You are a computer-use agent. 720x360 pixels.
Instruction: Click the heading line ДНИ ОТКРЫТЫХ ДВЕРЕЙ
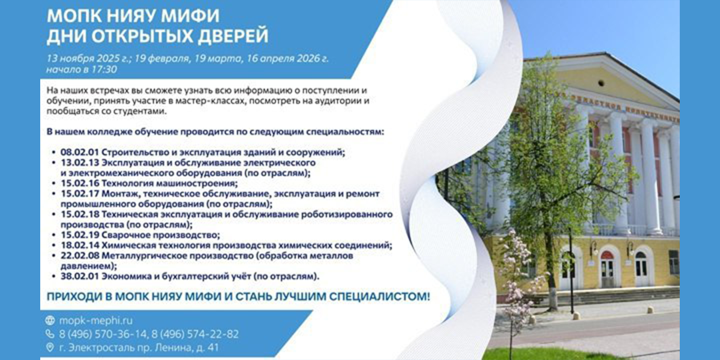pyautogui.click(x=157, y=36)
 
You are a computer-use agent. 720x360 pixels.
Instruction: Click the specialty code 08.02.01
pyautogui.click(x=79, y=152)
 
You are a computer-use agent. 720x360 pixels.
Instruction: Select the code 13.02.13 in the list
pyautogui.click(x=80, y=163)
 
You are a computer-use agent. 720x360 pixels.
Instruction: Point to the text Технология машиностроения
pyautogui.click(x=169, y=184)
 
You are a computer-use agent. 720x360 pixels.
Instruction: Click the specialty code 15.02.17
pyautogui.click(x=80, y=194)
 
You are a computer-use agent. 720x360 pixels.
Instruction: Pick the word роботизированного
pyautogui.click(x=347, y=214)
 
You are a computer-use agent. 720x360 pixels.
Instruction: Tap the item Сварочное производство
pyautogui.click(x=160, y=235)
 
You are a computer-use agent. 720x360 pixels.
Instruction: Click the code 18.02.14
pyautogui.click(x=80, y=245)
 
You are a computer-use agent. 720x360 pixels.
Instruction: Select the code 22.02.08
pyautogui.click(x=80, y=256)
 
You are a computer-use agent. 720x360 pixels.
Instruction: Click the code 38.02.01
pyautogui.click(x=80, y=277)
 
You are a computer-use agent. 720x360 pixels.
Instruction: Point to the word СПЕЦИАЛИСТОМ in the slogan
pyautogui.click(x=380, y=296)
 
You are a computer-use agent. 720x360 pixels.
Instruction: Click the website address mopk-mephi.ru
pyautogui.click(x=96, y=320)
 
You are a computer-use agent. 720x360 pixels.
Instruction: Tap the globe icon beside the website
pyautogui.click(x=50, y=320)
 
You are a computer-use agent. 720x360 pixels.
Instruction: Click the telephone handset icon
pyautogui.click(x=50, y=334)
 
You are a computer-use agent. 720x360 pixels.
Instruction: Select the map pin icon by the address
pyautogui.click(x=50, y=347)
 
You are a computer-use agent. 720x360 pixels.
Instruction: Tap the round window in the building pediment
pyautogui.click(x=601, y=83)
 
